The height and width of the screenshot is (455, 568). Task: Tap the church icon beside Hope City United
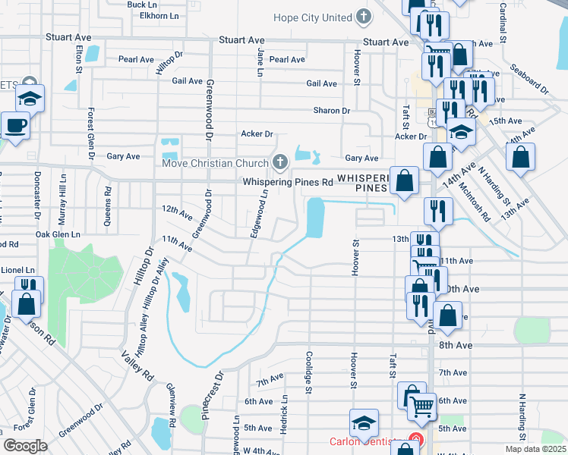(364, 17)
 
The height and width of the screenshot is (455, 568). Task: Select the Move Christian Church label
(215, 163)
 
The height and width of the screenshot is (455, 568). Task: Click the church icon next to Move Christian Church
(280, 162)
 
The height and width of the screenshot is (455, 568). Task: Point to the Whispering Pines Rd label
(288, 182)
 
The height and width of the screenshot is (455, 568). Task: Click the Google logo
(25, 446)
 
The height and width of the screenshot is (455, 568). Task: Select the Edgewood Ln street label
(259, 214)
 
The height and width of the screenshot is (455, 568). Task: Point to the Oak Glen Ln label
(58, 235)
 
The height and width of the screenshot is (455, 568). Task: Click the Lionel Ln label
(18, 270)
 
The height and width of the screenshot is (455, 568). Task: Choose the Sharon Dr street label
(332, 110)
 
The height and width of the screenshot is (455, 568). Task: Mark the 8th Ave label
(456, 345)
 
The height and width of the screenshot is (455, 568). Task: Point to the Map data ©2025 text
(535, 449)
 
